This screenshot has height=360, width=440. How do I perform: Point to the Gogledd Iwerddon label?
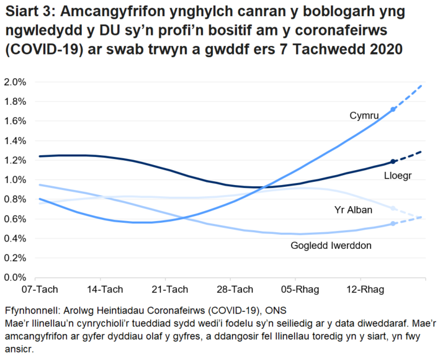click(x=331, y=246)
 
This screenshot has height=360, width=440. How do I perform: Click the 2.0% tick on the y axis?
click(x=15, y=82)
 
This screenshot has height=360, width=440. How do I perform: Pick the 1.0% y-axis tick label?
click(x=15, y=180)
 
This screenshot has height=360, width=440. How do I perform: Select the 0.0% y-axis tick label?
click(x=15, y=277)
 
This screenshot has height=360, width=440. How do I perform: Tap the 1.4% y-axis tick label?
click(x=15, y=141)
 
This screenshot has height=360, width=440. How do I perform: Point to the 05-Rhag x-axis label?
click(x=297, y=289)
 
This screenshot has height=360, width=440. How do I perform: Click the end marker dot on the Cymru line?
click(x=393, y=109)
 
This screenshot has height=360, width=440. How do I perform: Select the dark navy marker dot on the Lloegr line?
click(x=393, y=161)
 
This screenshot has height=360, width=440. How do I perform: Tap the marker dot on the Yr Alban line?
click(x=393, y=209)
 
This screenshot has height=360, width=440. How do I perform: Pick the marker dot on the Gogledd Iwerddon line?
click(x=393, y=223)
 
